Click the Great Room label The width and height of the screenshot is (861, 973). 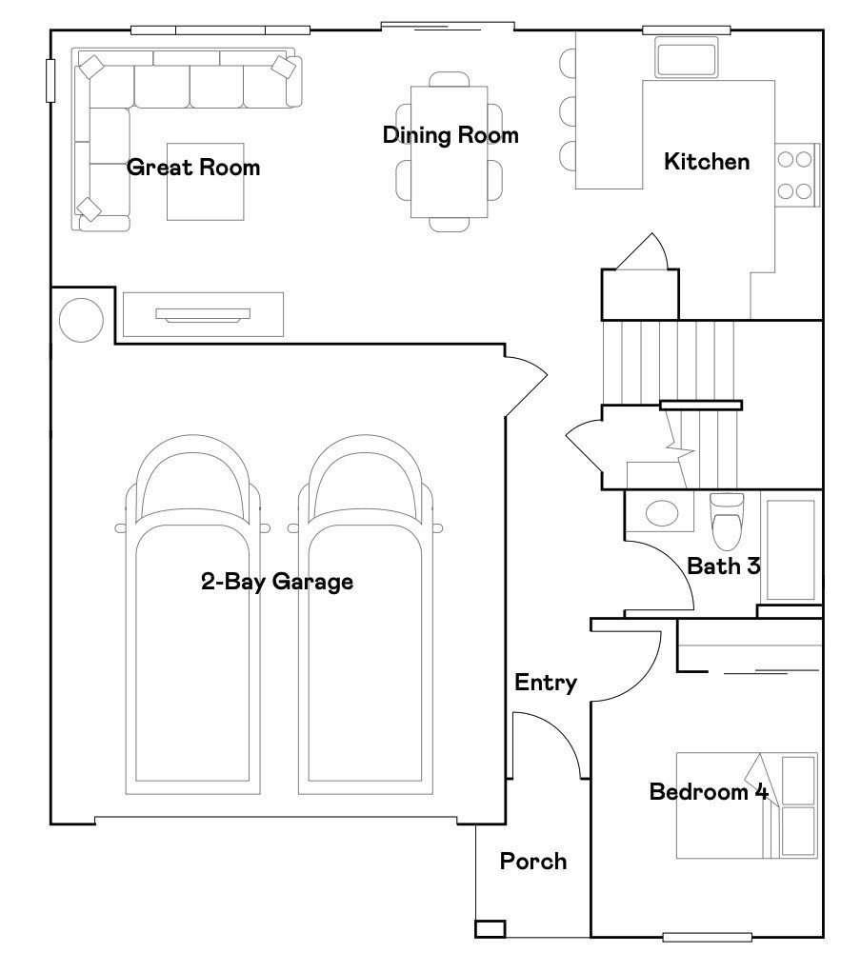(x=193, y=169)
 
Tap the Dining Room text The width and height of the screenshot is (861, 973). (x=451, y=135)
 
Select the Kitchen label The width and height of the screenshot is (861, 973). (x=707, y=162)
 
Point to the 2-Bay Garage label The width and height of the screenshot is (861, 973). (x=276, y=582)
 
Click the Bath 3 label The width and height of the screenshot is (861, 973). (x=724, y=566)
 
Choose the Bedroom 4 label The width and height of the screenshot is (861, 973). (x=708, y=792)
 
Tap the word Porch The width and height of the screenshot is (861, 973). (x=533, y=862)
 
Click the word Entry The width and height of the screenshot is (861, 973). (x=546, y=683)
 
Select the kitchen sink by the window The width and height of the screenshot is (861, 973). (x=686, y=58)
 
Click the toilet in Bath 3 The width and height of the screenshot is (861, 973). (x=727, y=522)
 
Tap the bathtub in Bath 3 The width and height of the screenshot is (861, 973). (x=791, y=549)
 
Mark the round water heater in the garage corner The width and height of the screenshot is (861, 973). (x=81, y=320)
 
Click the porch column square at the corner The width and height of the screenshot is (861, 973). (x=491, y=928)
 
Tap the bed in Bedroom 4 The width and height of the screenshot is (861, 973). (x=746, y=805)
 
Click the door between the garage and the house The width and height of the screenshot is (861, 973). (x=524, y=381)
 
